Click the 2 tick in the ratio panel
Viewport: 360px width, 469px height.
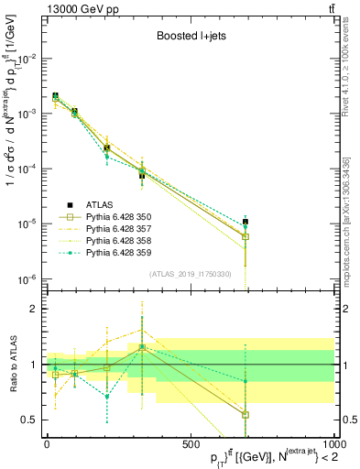pyautogui.click(x=34, y=310)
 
